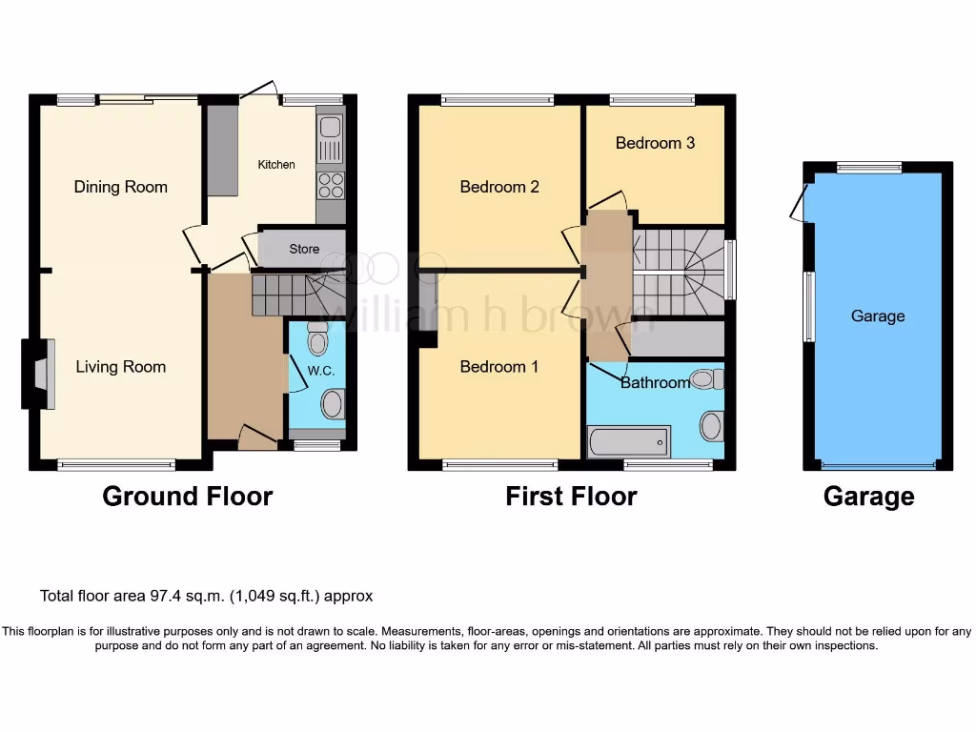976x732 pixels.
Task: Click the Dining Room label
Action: [121, 187]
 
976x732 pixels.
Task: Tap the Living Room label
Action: [121, 367]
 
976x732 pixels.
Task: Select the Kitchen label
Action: [276, 165]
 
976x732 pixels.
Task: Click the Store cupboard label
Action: [304, 250]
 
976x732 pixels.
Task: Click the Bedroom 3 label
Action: [655, 143]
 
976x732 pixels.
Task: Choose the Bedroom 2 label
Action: [499, 187]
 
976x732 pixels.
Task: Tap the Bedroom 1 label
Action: [499, 367]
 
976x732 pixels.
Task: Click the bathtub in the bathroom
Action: [628, 442]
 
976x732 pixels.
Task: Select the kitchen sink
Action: [330, 139]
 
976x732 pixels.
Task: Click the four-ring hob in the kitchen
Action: [330, 185]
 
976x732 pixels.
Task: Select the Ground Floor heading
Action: [187, 497]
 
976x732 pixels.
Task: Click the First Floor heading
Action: [571, 497]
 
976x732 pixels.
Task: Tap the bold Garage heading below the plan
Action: [868, 497]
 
